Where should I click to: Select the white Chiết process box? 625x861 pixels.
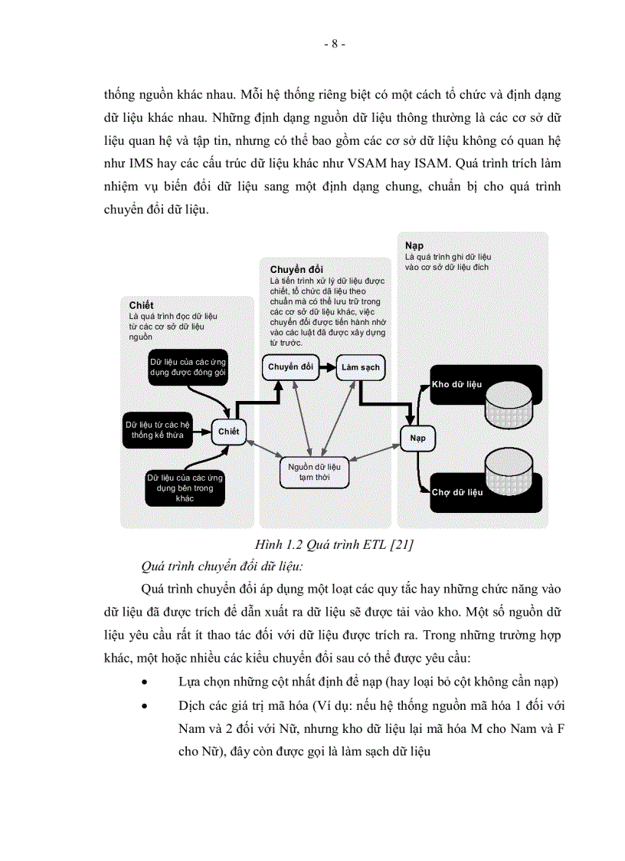pos(228,432)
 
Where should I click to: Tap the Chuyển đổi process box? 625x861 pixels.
pos(290,367)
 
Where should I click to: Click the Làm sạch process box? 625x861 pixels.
pos(361,367)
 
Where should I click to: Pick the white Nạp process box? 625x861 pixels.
pos(417,439)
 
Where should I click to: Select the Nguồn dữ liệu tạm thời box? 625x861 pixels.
pos(313,471)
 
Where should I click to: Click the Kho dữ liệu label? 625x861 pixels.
pos(456,383)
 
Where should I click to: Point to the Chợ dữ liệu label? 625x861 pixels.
pos(457,492)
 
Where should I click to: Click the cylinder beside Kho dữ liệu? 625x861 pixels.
pos(509,400)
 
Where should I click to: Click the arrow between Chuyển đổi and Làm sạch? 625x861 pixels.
pos(326,367)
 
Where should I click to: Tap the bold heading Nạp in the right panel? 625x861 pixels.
pos(414,245)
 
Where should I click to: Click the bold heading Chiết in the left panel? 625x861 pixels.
pos(141,305)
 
